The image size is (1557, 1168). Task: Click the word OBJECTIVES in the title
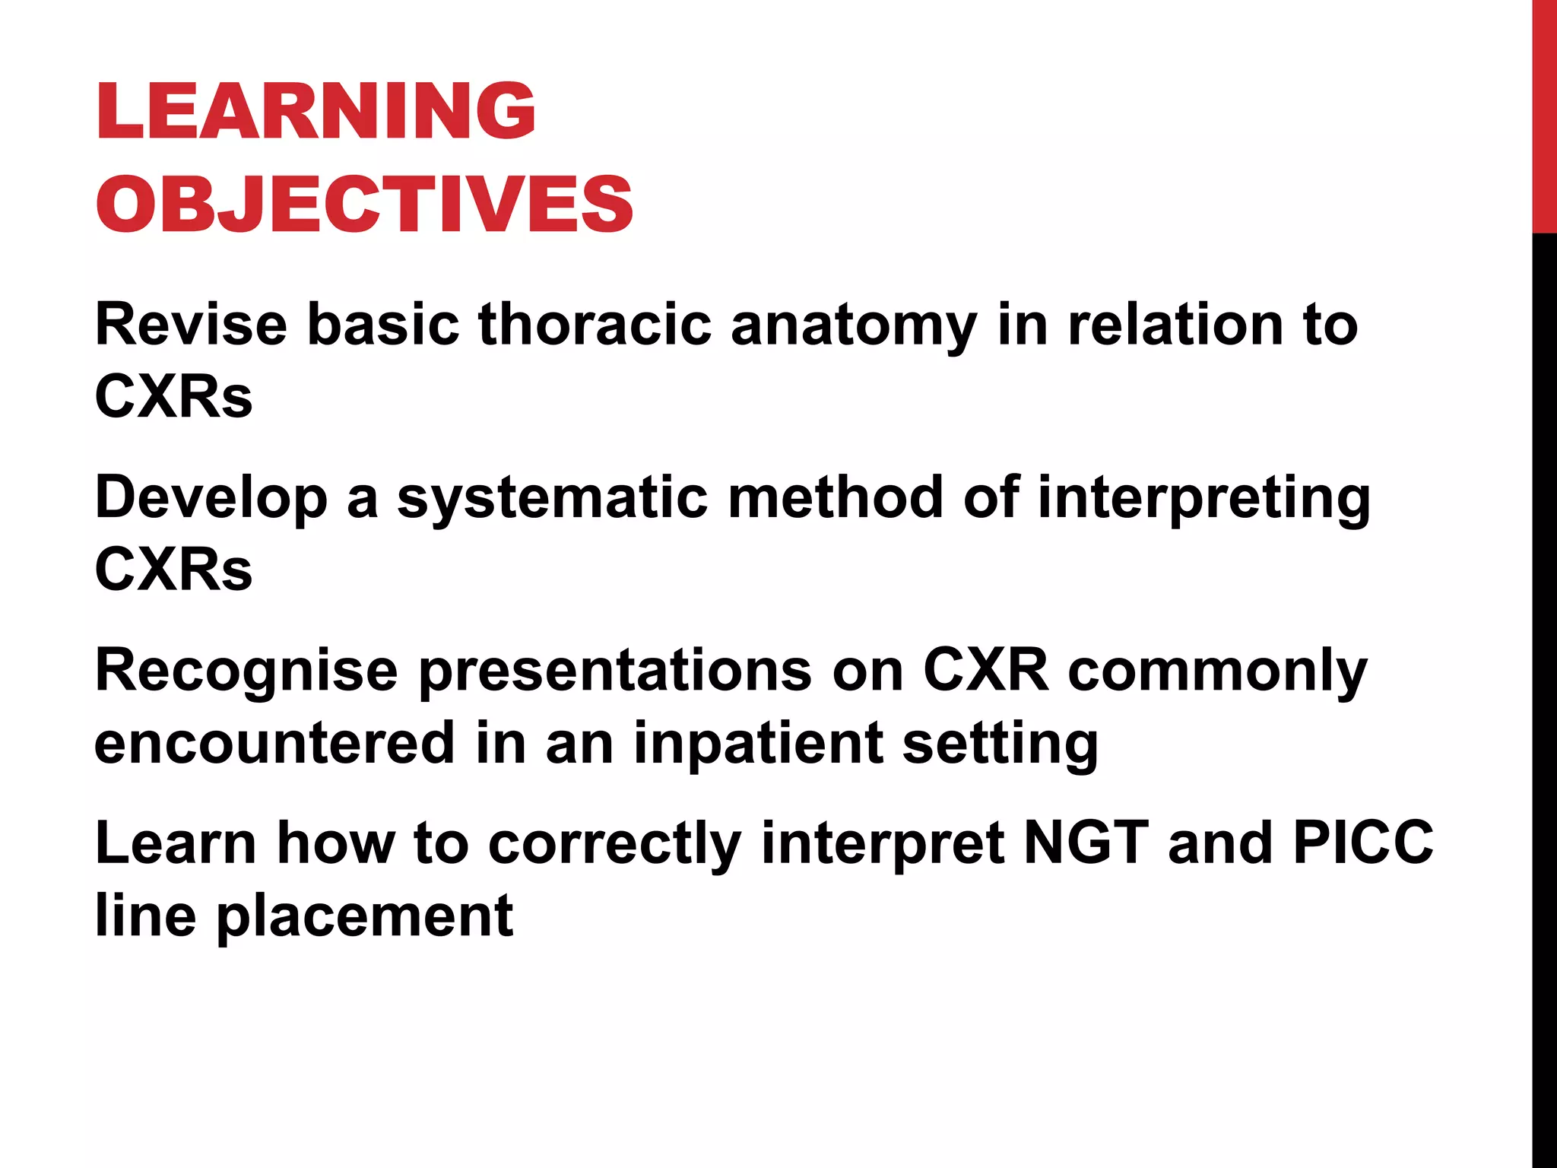[x=363, y=204]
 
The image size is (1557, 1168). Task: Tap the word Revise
[x=191, y=325]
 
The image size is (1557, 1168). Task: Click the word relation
[x=1175, y=325]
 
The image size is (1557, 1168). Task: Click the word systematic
[x=552, y=499]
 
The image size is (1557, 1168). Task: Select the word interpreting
[x=1204, y=499]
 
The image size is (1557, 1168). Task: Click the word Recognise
[x=246, y=671]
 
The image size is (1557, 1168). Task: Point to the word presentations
[x=615, y=671]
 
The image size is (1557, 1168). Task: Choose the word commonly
[x=1217, y=671]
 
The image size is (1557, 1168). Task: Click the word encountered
[x=274, y=743]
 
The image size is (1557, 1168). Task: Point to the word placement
[x=365, y=917]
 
